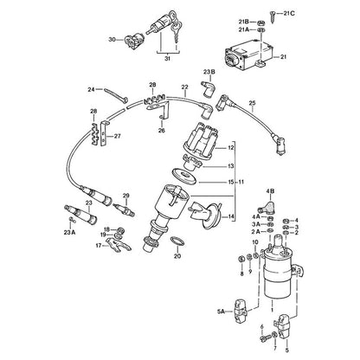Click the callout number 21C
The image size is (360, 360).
coord(289,13)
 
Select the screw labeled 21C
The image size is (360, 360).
coord(273,16)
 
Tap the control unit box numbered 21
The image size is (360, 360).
coord(248,55)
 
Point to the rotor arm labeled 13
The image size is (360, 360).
coord(193,162)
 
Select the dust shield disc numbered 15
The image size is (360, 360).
coord(184,177)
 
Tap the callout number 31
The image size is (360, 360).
coord(168,59)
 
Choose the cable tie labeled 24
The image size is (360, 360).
coord(116,94)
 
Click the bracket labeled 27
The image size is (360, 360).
coord(104,133)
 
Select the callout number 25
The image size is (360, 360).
coord(253,103)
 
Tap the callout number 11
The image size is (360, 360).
coord(241,182)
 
